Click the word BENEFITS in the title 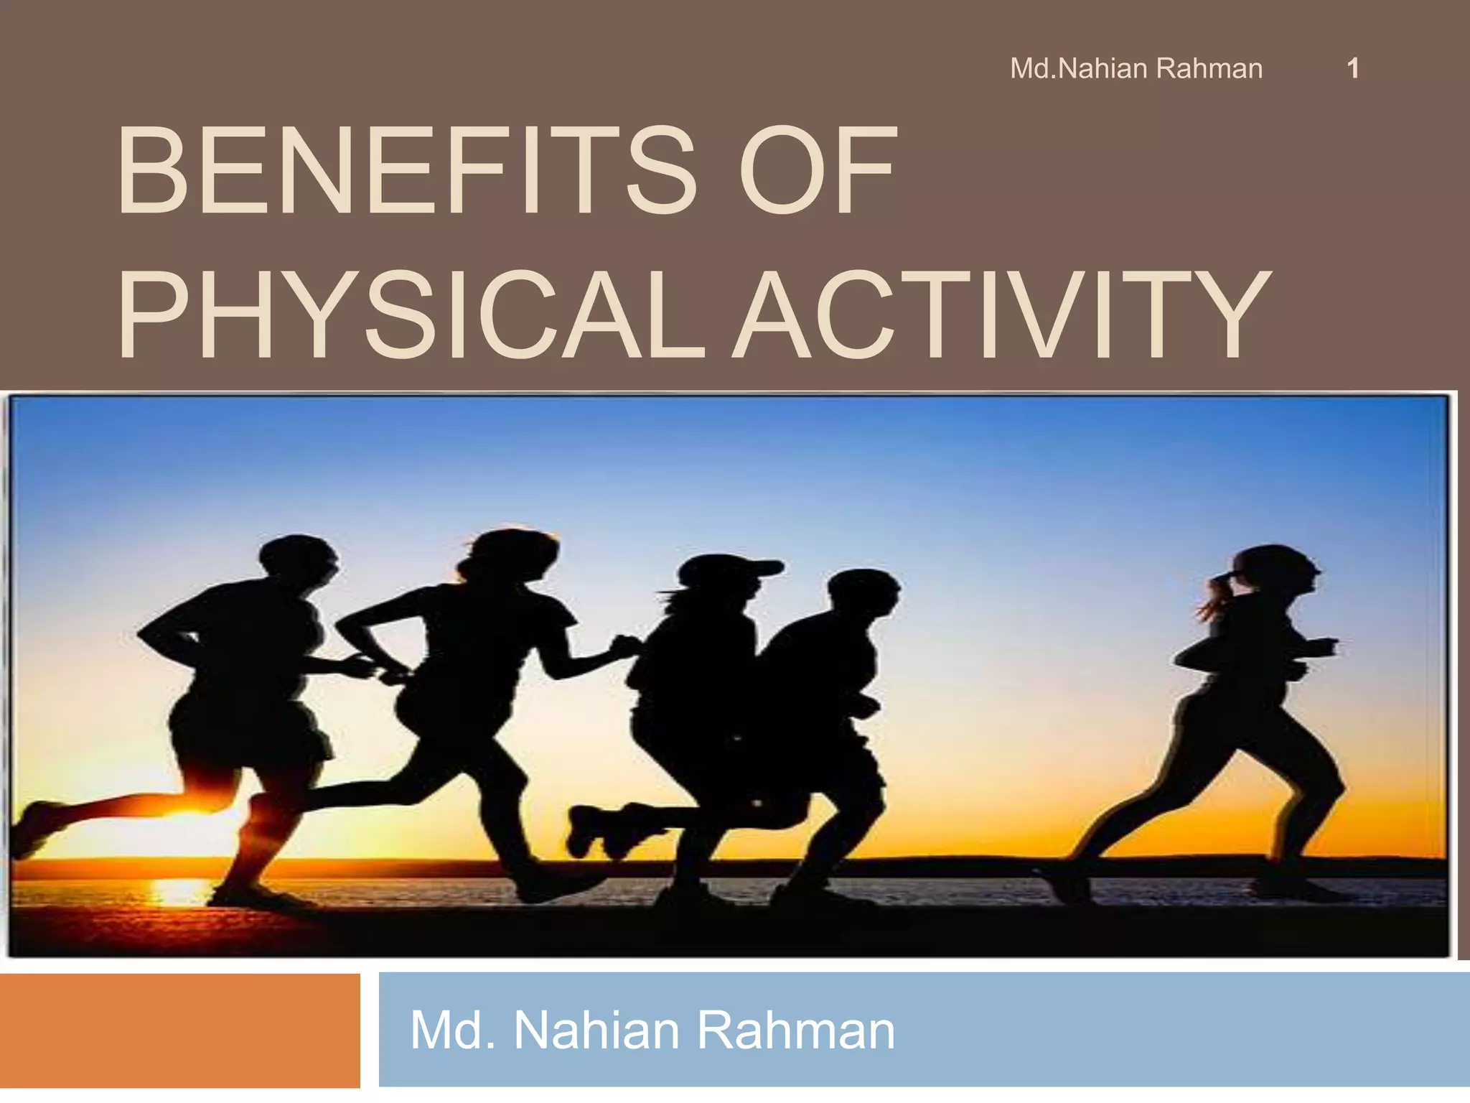[x=406, y=172]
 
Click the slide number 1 [x=1353, y=69]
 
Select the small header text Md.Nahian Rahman [x=1136, y=69]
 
